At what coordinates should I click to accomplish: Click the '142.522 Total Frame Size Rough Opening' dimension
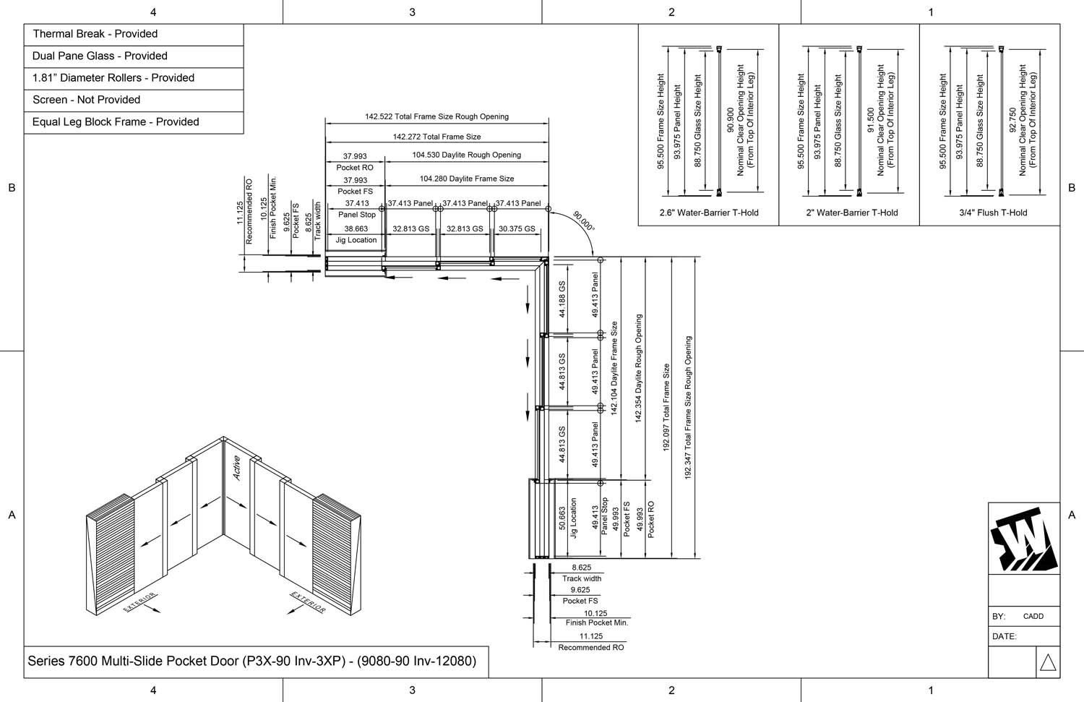(436, 116)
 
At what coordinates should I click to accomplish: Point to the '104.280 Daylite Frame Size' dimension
(467, 179)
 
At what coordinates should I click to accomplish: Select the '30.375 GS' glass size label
(517, 229)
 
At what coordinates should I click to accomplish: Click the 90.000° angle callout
(584, 221)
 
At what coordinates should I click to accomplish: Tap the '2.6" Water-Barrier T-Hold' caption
(709, 213)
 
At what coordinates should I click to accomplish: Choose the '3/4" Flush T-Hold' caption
(993, 213)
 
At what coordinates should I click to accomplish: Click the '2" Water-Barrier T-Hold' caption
(852, 213)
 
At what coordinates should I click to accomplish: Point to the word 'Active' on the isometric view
(236, 468)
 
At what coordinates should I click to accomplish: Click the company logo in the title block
(1023, 539)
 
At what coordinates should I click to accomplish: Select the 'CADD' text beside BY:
(1033, 616)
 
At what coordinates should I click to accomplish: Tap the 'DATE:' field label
(1005, 636)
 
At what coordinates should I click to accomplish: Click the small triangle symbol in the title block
(1048, 662)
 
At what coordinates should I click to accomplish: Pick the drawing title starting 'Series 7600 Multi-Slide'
(251, 662)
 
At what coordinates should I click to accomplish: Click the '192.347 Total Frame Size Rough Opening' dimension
(688, 408)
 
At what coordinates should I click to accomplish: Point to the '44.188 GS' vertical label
(562, 299)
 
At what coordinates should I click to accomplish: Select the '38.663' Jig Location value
(356, 229)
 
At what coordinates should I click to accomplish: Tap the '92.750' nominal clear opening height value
(1012, 120)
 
